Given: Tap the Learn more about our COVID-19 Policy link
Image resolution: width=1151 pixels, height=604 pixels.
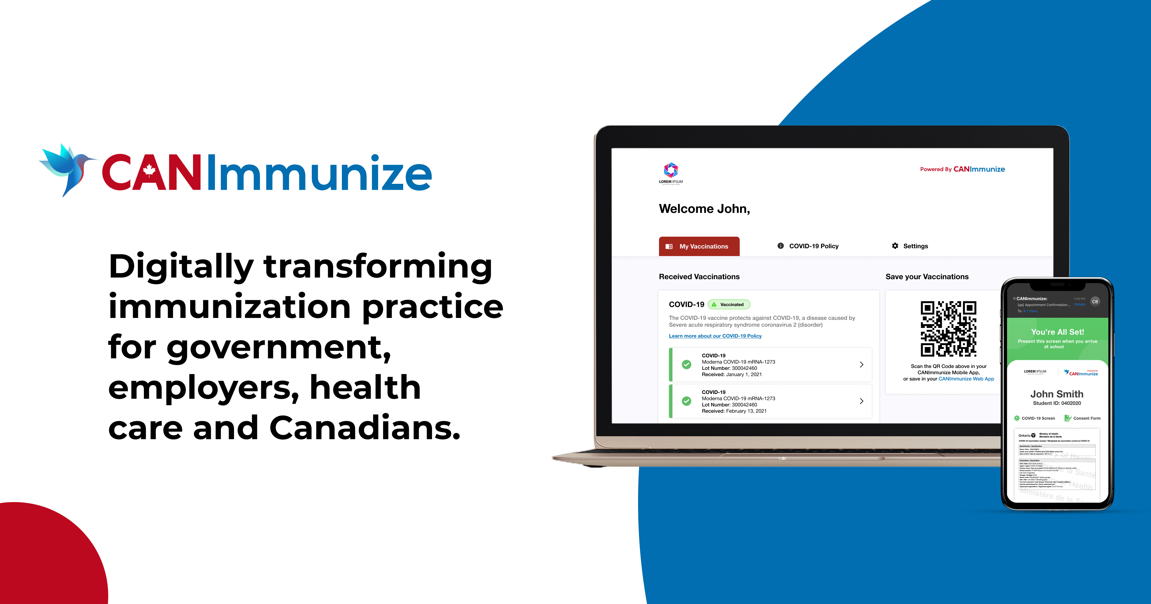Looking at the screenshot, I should click(x=715, y=336).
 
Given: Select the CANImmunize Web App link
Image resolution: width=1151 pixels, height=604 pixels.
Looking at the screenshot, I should click(x=966, y=379).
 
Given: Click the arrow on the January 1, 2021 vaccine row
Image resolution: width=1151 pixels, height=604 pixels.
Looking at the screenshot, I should click(x=861, y=365).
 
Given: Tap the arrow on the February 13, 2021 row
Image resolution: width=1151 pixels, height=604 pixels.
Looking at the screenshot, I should click(x=861, y=401).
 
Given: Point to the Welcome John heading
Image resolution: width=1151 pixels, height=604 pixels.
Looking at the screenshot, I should click(x=704, y=209).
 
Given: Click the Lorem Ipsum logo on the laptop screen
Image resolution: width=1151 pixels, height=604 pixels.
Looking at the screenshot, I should click(x=671, y=173).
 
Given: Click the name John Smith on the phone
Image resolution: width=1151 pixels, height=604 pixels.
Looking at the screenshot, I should click(x=1057, y=394).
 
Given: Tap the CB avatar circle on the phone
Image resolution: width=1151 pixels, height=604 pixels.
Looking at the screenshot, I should click(x=1095, y=302).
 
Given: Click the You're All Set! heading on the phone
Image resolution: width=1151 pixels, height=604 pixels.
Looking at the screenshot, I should click(x=1057, y=332).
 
